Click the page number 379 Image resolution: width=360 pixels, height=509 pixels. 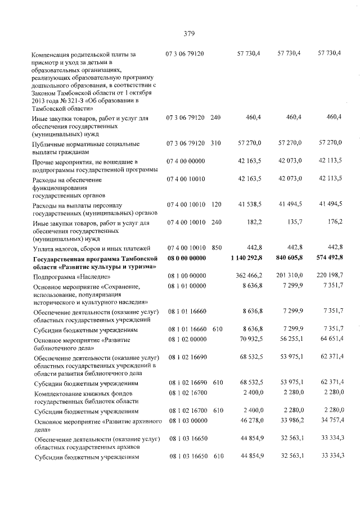pos(188,33)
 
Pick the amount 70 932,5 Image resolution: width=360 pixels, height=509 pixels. pos(249,339)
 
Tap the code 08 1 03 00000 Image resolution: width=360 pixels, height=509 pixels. pos(186,420)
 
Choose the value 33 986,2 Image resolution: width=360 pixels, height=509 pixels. pos(290,420)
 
